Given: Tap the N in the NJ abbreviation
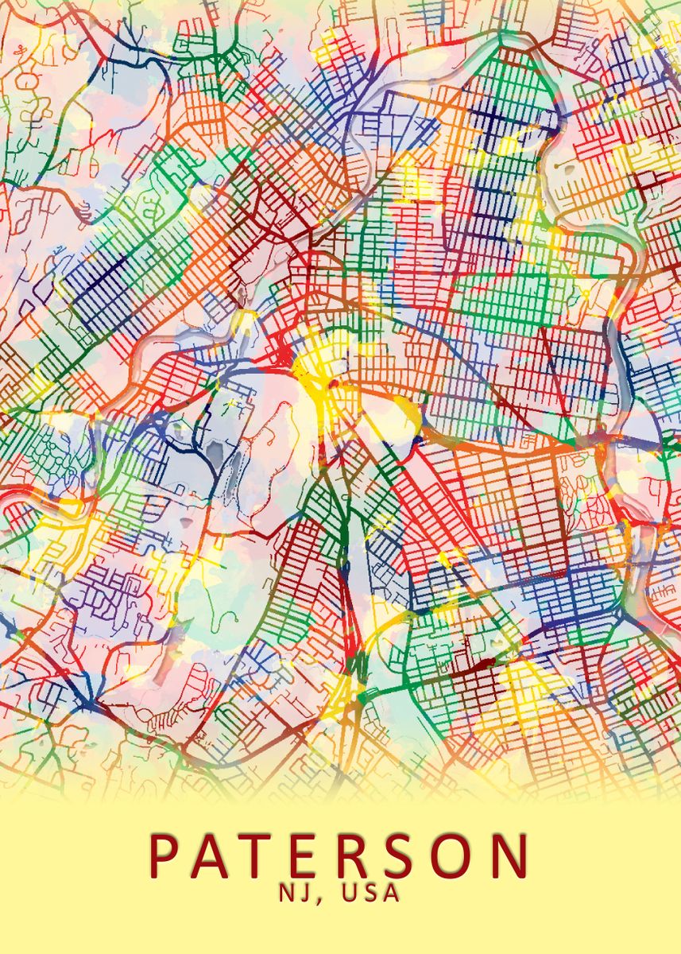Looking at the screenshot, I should (287, 893).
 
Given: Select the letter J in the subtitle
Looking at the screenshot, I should (306, 893).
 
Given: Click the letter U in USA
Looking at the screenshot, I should (347, 893).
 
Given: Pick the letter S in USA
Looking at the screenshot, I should (369, 893).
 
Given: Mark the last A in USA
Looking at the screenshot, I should (390, 893).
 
